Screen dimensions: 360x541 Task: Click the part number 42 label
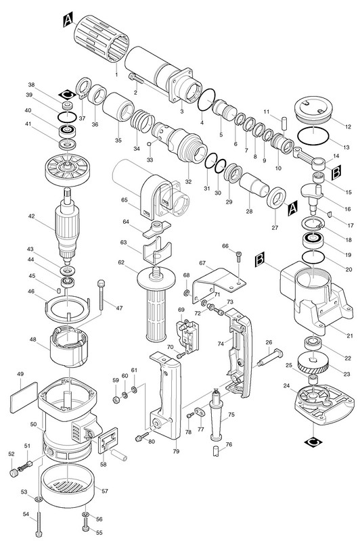32,216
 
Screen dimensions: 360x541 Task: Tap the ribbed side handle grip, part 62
156,303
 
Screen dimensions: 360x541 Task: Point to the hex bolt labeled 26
270,358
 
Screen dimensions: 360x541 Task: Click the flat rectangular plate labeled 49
24,397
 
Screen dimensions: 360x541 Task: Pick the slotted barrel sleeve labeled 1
102,39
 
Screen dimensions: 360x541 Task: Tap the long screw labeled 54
40,523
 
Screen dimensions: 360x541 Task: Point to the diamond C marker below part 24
313,442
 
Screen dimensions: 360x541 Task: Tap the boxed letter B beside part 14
336,172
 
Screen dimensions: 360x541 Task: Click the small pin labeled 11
284,123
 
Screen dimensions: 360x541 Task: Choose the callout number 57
105,491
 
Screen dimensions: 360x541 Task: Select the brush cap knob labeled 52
14,472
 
